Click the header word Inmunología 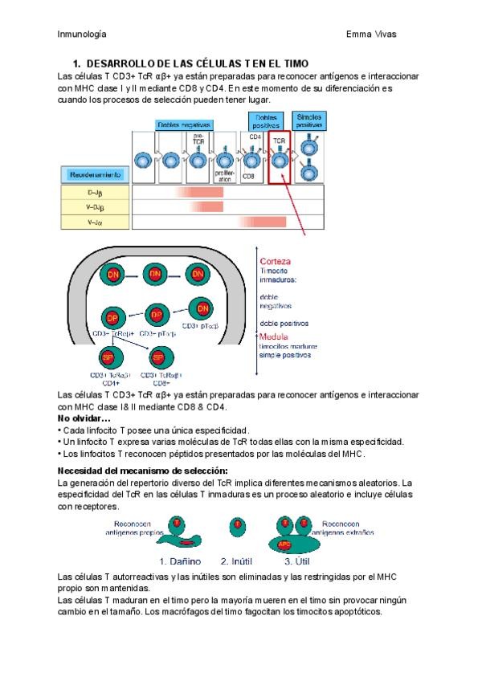pyautogui.click(x=83, y=34)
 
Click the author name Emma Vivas pyautogui.click(x=371, y=34)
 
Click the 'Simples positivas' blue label pyautogui.click(x=309, y=121)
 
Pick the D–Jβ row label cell pyautogui.click(x=95, y=193)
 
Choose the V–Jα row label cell pyautogui.click(x=95, y=222)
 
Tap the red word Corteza pyautogui.click(x=275, y=261)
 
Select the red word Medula pyautogui.click(x=274, y=336)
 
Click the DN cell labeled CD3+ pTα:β pyautogui.click(x=202, y=308)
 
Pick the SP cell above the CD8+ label pyautogui.click(x=159, y=356)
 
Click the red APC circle pyautogui.click(x=285, y=543)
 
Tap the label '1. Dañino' pyautogui.click(x=180, y=561)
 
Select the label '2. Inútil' pyautogui.click(x=239, y=561)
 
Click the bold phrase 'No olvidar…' pyautogui.click(x=84, y=418)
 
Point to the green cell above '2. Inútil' pyautogui.click(x=237, y=526)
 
